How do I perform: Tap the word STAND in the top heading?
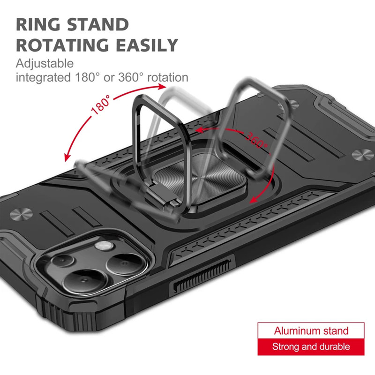[98, 24]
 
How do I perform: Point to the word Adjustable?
[45, 64]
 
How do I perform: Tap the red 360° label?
[256, 140]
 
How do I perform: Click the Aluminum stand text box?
[311, 330]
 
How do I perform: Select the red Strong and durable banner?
[311, 347]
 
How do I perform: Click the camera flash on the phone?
[104, 245]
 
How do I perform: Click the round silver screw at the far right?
[362, 154]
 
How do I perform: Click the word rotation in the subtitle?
[168, 77]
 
